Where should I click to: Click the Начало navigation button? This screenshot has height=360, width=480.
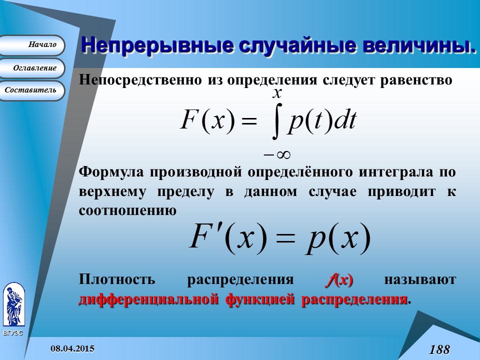[x=33, y=45]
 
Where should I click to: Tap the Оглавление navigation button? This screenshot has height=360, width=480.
[x=33, y=68]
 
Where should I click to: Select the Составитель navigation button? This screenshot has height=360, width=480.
[x=33, y=90]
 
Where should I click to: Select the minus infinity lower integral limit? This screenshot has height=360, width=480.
[x=277, y=153]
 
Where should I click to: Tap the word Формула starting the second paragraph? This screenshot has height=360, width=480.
[x=108, y=172]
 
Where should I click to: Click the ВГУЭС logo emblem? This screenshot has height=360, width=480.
[x=13, y=305]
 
